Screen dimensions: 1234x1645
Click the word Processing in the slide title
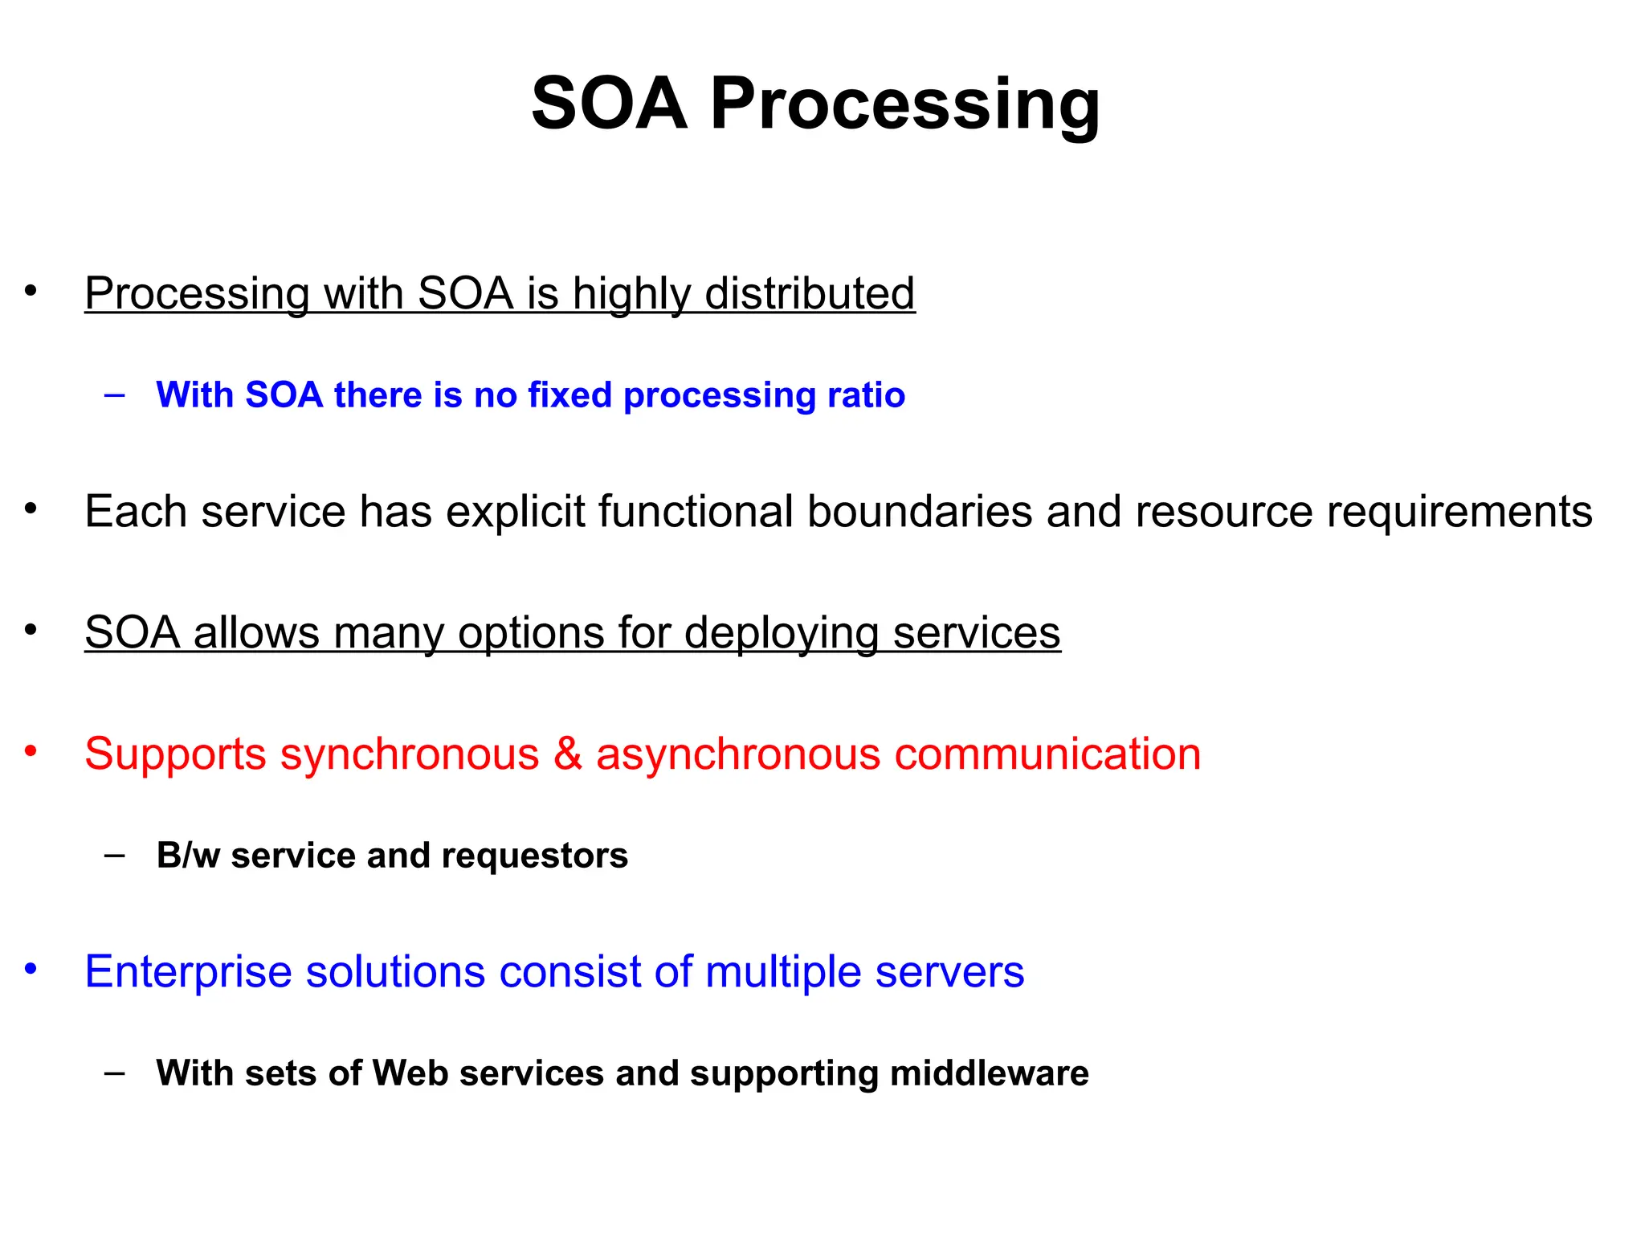pyautogui.click(x=904, y=104)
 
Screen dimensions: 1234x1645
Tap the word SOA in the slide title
pyautogui.click(x=610, y=104)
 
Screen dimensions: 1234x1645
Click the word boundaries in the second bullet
pyautogui.click(x=919, y=512)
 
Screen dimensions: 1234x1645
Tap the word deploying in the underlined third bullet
pyautogui.click(x=782, y=633)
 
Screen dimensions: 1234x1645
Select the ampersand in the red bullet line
pyautogui.click(x=568, y=754)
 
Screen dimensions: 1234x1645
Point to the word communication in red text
pyautogui.click(x=1047, y=754)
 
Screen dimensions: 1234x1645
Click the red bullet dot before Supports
pyautogui.click(x=31, y=752)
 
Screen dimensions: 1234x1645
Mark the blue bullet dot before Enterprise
pyautogui.click(x=31, y=969)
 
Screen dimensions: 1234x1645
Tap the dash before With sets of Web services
pyautogui.click(x=115, y=1073)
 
